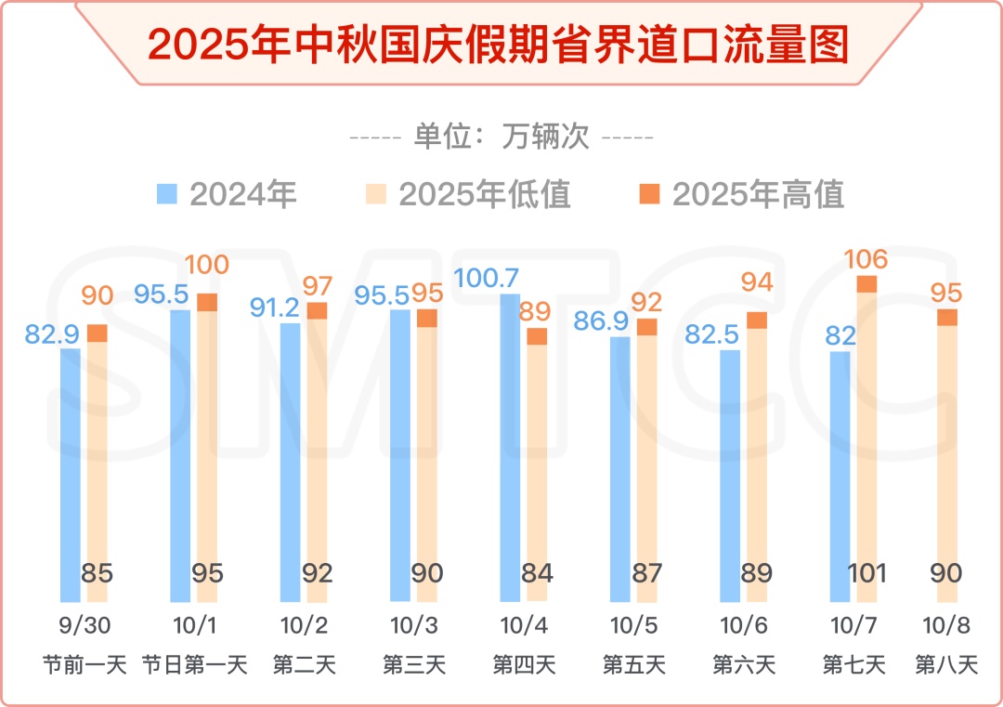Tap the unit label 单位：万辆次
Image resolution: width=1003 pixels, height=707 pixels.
501,137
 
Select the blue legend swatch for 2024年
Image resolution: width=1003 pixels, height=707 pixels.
167,193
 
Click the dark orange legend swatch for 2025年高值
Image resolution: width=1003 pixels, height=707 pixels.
649,193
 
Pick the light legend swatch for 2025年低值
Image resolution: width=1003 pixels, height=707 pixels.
376,193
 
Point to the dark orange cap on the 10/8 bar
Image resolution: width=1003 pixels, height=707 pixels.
946,318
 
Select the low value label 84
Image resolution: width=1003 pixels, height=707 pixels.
537,573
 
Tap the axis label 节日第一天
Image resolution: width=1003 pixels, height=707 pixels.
194,665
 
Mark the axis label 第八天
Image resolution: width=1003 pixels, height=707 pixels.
946,665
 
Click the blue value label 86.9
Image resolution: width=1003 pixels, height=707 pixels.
602,321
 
